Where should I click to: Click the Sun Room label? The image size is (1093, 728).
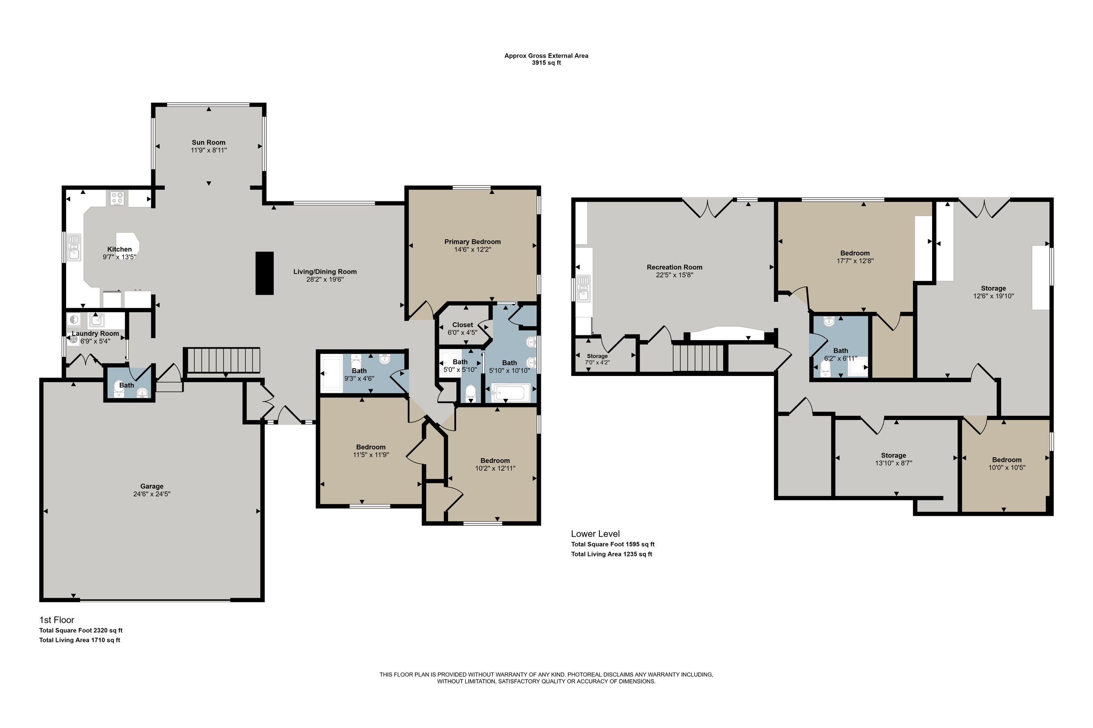pos(209,142)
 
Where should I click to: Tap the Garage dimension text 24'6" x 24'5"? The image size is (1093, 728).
pos(152,494)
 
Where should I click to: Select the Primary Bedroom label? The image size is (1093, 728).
pos(473,242)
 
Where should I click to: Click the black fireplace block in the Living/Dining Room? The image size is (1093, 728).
pos(265,273)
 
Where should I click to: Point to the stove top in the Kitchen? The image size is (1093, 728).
pos(118,198)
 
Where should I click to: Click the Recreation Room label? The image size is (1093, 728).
pos(675,267)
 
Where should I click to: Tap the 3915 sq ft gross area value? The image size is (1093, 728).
pos(546,63)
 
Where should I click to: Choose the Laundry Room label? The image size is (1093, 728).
pos(95,333)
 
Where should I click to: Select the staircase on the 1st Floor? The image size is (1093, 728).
pos(223,360)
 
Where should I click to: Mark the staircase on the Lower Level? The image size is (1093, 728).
pos(698,357)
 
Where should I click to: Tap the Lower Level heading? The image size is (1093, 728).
pos(595,534)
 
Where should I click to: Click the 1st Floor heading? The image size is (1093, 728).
pos(57,620)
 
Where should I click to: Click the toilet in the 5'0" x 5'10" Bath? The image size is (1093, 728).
pos(471,393)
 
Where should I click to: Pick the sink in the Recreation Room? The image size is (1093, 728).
pos(584,288)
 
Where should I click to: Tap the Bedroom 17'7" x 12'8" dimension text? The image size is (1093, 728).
pos(855,261)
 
